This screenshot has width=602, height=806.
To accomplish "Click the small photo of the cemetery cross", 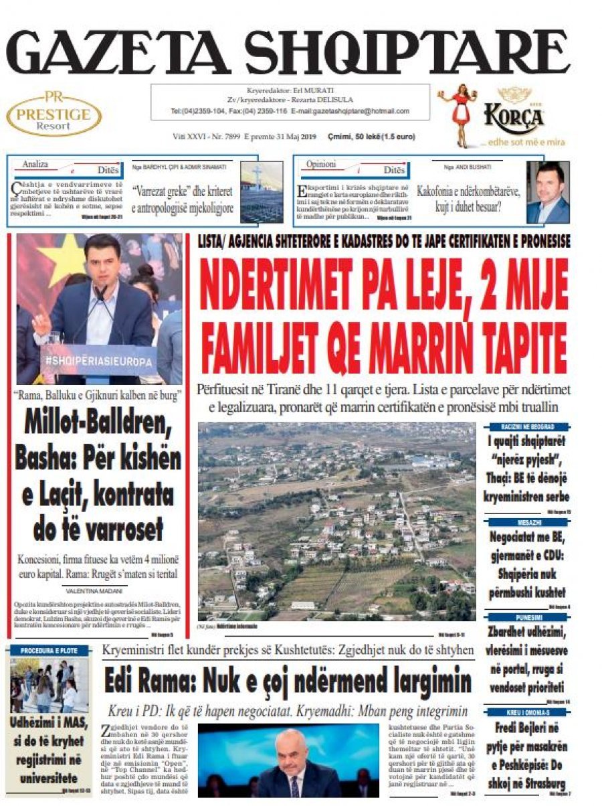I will point(261,192).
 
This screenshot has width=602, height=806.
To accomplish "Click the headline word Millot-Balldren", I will point(98,424).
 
